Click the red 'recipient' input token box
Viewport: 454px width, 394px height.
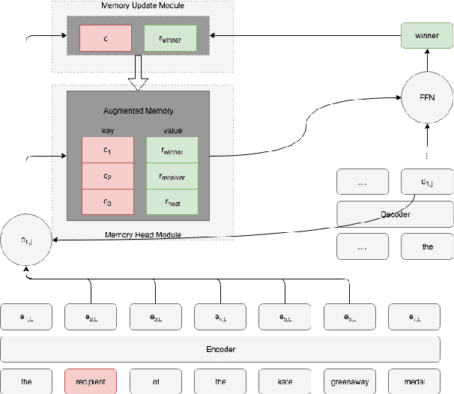pos(91,381)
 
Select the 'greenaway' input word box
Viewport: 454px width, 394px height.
pos(349,381)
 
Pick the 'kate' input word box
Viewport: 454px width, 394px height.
pos(285,381)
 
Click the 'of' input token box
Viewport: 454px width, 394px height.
pos(156,381)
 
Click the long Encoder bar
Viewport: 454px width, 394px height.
pos(220,349)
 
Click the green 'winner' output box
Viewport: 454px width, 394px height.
pos(427,35)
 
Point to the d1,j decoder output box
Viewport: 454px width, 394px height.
pos(427,181)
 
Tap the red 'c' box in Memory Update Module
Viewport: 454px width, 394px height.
pos(106,38)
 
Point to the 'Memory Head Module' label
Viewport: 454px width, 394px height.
pos(142,234)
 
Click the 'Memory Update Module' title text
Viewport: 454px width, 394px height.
pos(142,6)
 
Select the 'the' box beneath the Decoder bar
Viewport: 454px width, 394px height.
pos(427,246)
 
